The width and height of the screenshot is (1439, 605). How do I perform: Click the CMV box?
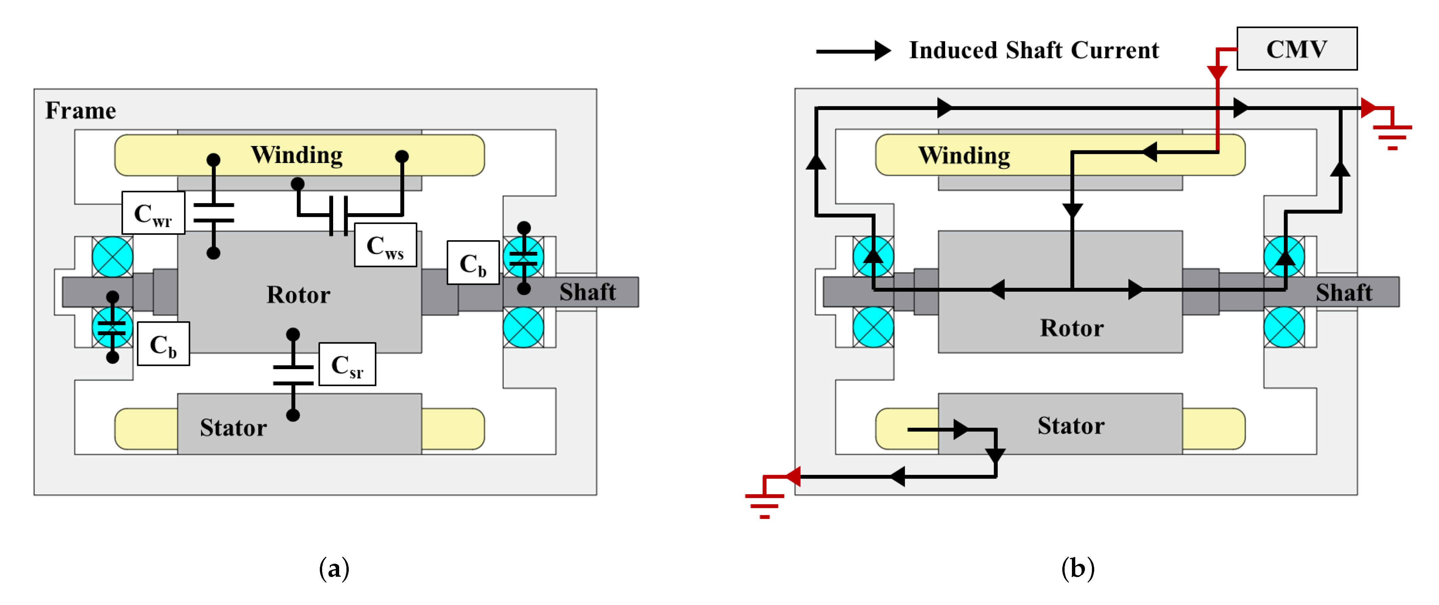pyautogui.click(x=1297, y=49)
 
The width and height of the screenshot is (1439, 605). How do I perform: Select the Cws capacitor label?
pyautogui.click(x=385, y=245)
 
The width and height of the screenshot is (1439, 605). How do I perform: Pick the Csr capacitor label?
pyautogui.click(x=347, y=365)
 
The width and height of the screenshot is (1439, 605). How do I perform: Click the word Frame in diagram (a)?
pyautogui.click(x=81, y=110)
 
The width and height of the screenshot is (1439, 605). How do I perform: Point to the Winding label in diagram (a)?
pyautogui.click(x=297, y=155)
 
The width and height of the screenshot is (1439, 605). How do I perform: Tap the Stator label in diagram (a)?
pyautogui.click(x=234, y=427)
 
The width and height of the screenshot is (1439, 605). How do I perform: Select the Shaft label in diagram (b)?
pyautogui.click(x=1343, y=292)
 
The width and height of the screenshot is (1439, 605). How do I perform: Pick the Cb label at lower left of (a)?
pyautogui.click(x=163, y=344)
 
